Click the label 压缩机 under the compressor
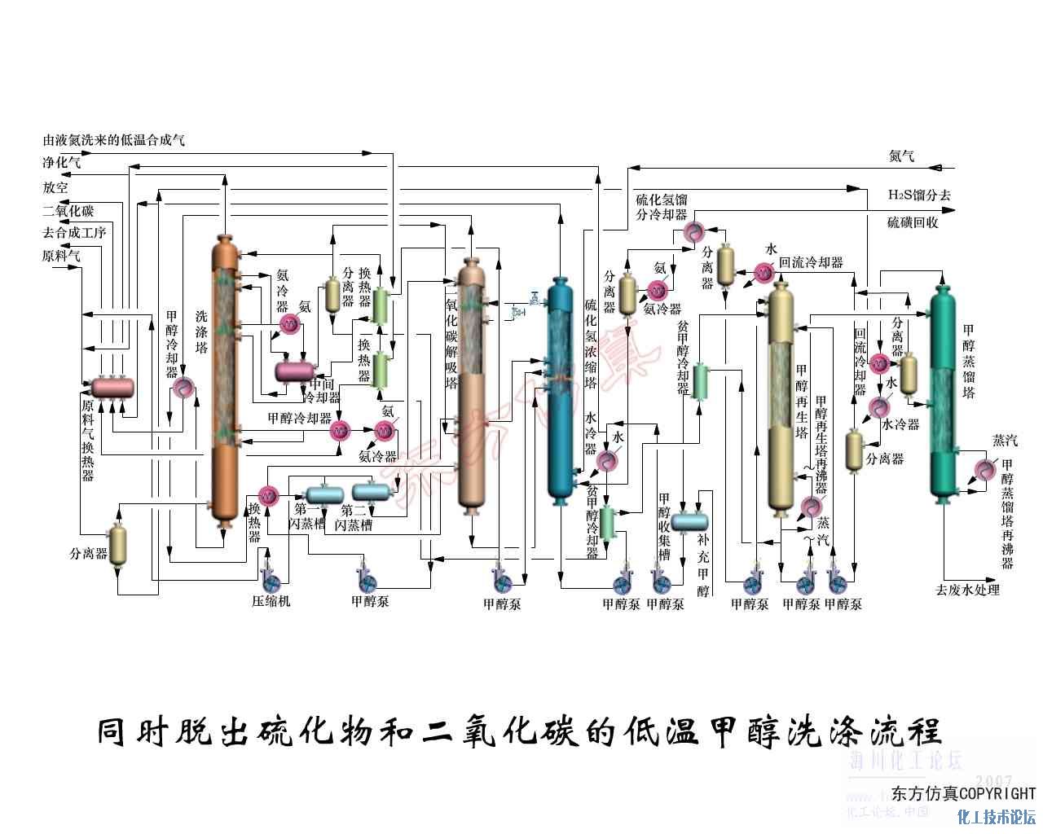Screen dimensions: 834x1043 [x=271, y=602]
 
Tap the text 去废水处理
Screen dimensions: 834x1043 [x=966, y=589]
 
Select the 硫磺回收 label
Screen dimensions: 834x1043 [x=913, y=222]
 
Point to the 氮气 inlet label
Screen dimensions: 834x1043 [x=902, y=155]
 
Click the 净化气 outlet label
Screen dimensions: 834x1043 [x=62, y=162]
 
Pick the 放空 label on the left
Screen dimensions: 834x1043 [x=55, y=187]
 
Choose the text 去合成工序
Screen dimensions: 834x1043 [x=74, y=232]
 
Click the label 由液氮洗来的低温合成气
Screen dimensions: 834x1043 [x=114, y=140]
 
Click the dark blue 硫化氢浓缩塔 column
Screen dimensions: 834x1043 [x=561, y=391]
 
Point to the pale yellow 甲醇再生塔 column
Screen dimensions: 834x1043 [x=781, y=399]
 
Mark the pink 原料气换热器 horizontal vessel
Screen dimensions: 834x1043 [x=112, y=387]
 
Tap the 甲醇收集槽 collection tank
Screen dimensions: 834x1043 [x=689, y=519]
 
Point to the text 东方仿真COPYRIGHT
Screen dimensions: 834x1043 [x=963, y=792]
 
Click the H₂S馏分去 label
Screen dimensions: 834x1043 [x=919, y=195]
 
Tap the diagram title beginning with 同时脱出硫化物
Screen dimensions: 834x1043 [x=520, y=731]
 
